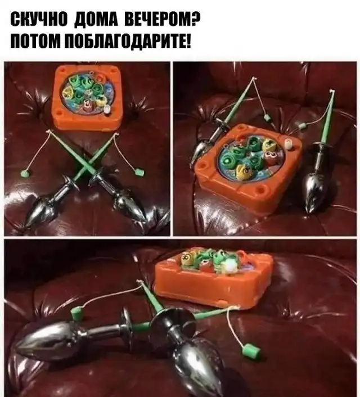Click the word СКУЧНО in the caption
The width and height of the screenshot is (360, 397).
click(39, 19)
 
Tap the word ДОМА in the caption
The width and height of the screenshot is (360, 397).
click(96, 19)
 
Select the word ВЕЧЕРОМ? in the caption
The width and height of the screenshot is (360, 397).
click(163, 19)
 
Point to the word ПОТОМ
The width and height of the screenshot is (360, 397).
click(34, 42)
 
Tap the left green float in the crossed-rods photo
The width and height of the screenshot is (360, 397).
click(25, 174)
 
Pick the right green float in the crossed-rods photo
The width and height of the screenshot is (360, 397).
click(139, 173)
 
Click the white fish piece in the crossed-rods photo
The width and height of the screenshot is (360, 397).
click(107, 110)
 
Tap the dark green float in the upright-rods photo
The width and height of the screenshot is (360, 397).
click(266, 117)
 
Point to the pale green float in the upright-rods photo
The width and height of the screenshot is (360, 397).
click(301, 126)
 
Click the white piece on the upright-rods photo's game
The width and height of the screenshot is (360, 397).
click(288, 145)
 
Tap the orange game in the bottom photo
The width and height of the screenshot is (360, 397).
click(214, 277)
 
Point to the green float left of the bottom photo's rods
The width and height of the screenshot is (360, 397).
click(76, 313)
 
